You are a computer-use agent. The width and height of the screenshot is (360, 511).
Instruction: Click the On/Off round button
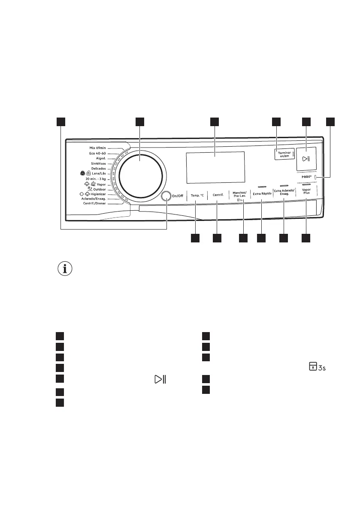click(x=166, y=196)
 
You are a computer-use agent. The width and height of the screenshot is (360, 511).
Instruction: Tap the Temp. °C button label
click(x=197, y=196)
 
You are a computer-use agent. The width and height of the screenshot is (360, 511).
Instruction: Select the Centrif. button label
click(x=218, y=196)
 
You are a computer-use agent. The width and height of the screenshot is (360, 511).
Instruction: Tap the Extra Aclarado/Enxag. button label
click(x=284, y=193)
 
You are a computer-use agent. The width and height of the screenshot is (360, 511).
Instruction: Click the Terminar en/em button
click(x=284, y=155)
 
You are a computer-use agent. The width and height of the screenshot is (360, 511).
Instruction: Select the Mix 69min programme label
click(x=97, y=148)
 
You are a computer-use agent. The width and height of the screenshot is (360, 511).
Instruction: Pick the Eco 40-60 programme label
click(x=97, y=153)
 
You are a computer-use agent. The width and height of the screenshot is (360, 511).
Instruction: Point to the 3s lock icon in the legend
click(x=317, y=367)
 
